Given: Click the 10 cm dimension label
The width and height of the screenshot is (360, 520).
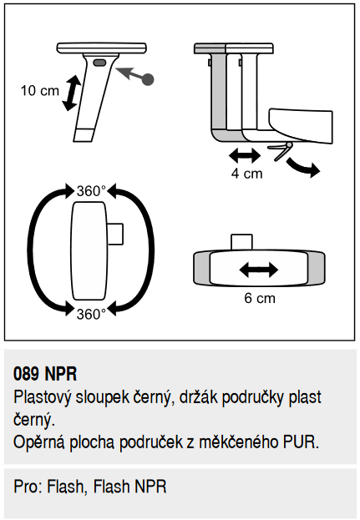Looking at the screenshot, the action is (x=40, y=90).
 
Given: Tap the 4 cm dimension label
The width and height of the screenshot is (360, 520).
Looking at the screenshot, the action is (x=246, y=174).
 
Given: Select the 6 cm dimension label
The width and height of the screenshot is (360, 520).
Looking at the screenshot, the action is (x=260, y=298).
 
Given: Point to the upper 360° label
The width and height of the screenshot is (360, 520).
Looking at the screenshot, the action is (x=91, y=191).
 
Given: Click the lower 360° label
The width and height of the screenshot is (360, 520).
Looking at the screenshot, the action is (x=91, y=314).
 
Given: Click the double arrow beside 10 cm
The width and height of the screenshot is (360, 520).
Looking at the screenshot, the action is (x=71, y=93).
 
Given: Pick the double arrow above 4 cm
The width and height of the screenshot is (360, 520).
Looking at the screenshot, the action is (x=245, y=155).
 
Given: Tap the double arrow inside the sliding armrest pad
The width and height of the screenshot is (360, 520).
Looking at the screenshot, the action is (x=258, y=270).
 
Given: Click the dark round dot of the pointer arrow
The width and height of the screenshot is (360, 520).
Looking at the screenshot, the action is (x=147, y=79).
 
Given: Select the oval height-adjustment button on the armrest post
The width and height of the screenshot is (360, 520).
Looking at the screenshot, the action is (x=99, y=63).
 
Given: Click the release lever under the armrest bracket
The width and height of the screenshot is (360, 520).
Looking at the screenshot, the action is (x=281, y=150).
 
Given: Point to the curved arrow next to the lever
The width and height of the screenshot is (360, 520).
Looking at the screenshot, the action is (x=302, y=168).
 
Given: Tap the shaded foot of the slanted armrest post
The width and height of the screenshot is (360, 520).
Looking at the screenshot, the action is (x=84, y=135).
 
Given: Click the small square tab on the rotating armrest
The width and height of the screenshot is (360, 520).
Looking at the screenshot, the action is (x=115, y=234).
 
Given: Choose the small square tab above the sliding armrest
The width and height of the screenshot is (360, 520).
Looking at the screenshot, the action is (x=241, y=242).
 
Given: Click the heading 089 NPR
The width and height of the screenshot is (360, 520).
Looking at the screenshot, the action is (x=45, y=374).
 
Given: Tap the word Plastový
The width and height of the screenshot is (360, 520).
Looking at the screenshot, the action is (x=42, y=397).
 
